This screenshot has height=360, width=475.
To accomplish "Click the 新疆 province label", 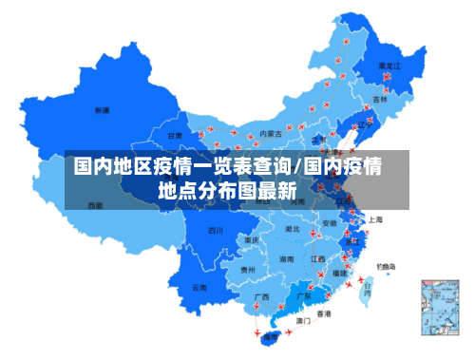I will click(102, 110).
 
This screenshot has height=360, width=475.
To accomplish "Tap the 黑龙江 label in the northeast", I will click(389, 66).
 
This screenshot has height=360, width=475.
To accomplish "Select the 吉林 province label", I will click(380, 99).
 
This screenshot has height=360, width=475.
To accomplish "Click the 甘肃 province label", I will click(176, 137).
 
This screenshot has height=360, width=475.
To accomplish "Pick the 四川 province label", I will click(217, 230).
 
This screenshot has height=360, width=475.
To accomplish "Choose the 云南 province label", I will click(199, 286).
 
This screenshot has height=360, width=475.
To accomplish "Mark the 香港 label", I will click(324, 313).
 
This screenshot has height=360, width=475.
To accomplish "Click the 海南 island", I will click(271, 335).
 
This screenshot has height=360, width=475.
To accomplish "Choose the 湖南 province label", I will click(285, 258).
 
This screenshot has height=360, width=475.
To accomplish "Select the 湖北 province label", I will click(293, 229).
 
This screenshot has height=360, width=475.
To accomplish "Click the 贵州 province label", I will click(248, 270).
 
